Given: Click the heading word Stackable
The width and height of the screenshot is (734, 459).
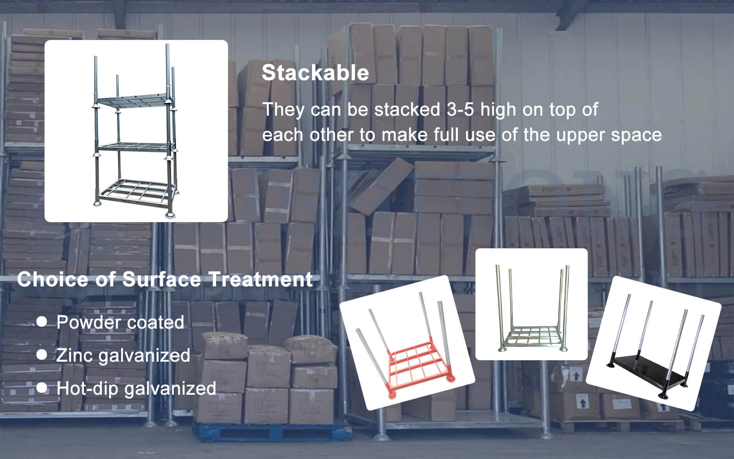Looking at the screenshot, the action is tap(315, 73).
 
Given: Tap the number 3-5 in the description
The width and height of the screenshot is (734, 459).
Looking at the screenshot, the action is tap(461, 110).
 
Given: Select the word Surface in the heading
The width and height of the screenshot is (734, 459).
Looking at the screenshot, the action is tap(161, 280).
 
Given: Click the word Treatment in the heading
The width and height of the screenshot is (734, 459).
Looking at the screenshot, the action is tap(261, 280).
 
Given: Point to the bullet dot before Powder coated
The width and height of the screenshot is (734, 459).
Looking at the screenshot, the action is tap(42, 322).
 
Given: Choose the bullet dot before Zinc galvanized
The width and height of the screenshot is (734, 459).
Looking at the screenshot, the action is tap(42, 355).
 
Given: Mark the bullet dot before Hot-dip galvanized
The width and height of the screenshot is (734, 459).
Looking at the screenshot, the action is tap(42, 388).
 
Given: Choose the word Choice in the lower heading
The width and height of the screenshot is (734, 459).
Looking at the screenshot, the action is tap(52, 280).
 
